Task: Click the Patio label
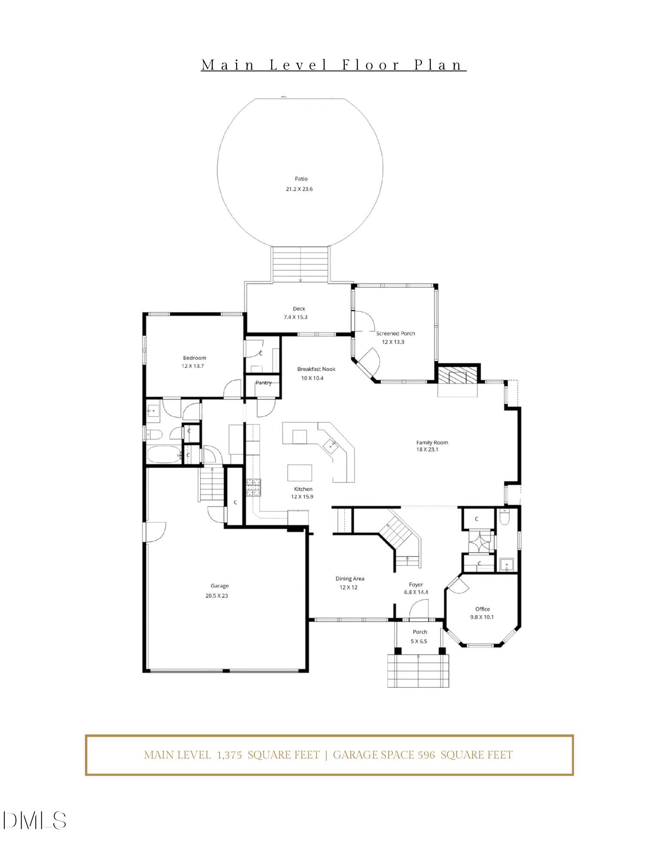[x=301, y=179]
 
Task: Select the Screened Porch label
[x=395, y=334]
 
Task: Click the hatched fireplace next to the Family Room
[x=458, y=375]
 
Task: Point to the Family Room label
[x=432, y=442]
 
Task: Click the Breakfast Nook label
[x=316, y=369]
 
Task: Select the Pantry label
[x=263, y=383]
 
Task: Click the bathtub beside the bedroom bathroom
[x=164, y=455]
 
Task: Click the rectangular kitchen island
[x=300, y=473]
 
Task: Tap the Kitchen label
[x=303, y=489]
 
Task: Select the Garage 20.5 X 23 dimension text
[x=217, y=596]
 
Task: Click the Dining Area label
[x=350, y=579]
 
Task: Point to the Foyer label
[x=416, y=585]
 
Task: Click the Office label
[x=482, y=609]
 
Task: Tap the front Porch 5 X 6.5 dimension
[x=418, y=641]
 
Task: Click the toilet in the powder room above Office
[x=505, y=517]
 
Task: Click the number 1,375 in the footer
[x=229, y=755]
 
